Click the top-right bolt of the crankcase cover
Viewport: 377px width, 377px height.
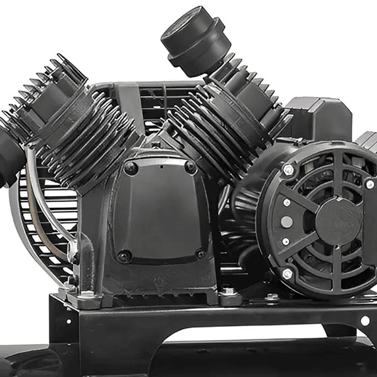tap(191, 167)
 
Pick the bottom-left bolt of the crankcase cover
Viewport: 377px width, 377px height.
tap(124, 256)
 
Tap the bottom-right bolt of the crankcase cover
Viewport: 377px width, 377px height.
tap(200, 254)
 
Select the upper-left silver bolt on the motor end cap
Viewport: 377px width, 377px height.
tap(288, 169)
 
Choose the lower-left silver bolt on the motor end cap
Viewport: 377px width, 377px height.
tap(287, 273)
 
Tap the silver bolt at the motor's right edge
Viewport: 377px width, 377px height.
tap(370, 184)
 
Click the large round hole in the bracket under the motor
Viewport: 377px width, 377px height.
tap(365, 320)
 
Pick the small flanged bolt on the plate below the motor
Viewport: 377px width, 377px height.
tap(272, 297)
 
